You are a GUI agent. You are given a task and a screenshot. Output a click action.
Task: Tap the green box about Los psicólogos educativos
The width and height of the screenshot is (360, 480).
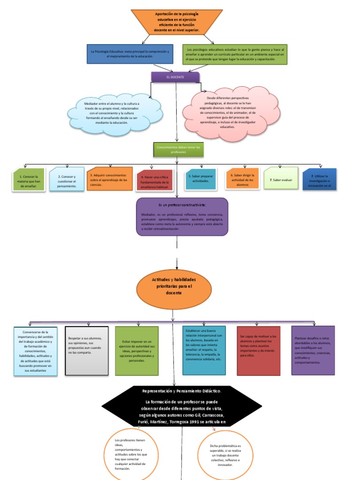(235, 54)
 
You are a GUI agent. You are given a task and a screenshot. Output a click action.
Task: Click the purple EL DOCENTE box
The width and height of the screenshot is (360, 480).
(175, 76)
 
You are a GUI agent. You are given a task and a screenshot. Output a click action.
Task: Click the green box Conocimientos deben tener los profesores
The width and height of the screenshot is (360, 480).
(178, 150)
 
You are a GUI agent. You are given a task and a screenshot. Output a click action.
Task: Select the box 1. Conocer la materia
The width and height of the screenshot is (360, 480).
(29, 180)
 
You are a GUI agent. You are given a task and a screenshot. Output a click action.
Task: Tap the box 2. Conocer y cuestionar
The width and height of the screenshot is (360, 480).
(67, 180)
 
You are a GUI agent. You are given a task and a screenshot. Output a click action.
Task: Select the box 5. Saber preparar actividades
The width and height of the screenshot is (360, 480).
(200, 179)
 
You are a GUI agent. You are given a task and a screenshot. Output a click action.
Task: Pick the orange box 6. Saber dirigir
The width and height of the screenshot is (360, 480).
(242, 179)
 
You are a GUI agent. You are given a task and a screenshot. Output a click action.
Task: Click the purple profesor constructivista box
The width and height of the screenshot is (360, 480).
(182, 217)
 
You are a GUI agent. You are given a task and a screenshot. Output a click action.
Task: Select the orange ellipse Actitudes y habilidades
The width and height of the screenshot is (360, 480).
(174, 286)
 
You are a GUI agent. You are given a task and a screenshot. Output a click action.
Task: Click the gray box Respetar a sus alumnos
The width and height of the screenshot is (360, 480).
(86, 351)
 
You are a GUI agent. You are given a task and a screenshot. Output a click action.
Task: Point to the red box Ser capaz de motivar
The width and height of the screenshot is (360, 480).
(259, 351)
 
